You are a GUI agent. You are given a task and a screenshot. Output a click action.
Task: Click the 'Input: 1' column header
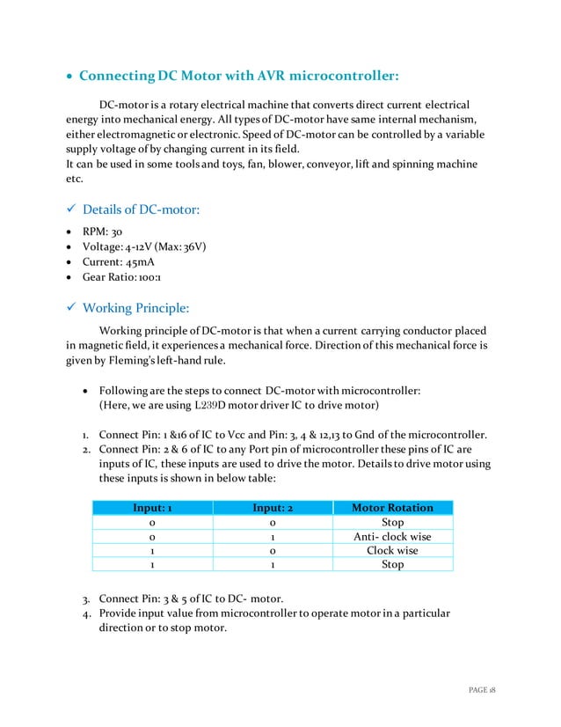coord(152,508)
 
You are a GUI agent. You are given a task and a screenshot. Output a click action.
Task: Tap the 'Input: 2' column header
coord(273,508)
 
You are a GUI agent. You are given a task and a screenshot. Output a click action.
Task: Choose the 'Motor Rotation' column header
coord(392,508)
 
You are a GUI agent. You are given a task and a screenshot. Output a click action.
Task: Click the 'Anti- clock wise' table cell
coord(392,536)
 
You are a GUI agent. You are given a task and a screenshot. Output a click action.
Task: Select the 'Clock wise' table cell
coord(392,550)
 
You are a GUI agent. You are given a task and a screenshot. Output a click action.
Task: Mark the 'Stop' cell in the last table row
coord(392,564)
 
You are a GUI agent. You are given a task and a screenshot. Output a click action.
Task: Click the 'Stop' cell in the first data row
coord(392,522)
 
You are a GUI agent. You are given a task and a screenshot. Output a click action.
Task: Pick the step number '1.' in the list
coord(86,434)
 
